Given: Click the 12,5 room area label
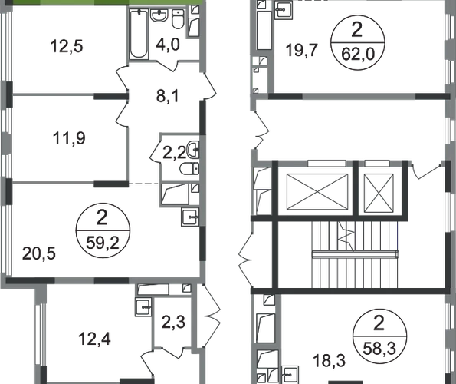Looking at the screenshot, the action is (x=67, y=46).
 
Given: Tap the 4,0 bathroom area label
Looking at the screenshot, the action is (x=168, y=45).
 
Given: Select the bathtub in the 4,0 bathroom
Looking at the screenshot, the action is (x=138, y=34).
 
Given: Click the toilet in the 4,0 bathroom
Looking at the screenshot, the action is (x=178, y=19).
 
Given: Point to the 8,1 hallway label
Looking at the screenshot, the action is (x=168, y=96).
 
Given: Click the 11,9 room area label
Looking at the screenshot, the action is (x=69, y=138).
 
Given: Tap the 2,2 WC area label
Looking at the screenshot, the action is (x=174, y=152).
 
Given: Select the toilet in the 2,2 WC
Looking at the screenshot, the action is (x=189, y=169).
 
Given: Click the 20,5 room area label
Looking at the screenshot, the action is (x=38, y=253).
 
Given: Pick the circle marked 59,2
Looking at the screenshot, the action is (x=103, y=230).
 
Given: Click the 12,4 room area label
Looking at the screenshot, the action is (x=94, y=339).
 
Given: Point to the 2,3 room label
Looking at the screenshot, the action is (x=173, y=323).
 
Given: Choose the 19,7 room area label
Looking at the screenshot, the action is (x=302, y=50).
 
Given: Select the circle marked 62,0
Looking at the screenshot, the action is (x=358, y=43).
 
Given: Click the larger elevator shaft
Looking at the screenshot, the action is (x=317, y=192).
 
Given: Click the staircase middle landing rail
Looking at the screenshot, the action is (x=355, y=254).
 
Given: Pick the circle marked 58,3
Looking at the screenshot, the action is (x=379, y=336).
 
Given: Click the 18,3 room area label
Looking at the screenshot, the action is (x=330, y=361).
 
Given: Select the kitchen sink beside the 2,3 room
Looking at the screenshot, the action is (x=143, y=306).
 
